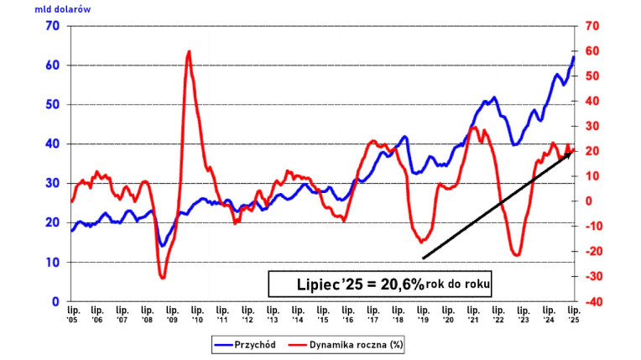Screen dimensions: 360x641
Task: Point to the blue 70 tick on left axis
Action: coord(52,26)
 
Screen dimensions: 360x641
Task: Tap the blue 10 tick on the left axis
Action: coord(52,262)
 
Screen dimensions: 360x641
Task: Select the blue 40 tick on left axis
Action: coord(52,143)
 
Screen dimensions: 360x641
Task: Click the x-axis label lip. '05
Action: coord(73,314)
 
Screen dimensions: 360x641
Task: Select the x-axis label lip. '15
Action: coord(323,314)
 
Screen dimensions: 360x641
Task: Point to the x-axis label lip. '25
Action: coord(574,314)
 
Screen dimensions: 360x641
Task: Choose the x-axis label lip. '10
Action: coord(198,314)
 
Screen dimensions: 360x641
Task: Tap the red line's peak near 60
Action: coord(189,52)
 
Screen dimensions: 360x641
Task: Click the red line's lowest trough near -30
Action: coord(163,277)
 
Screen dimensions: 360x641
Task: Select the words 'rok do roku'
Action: coord(457,285)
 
